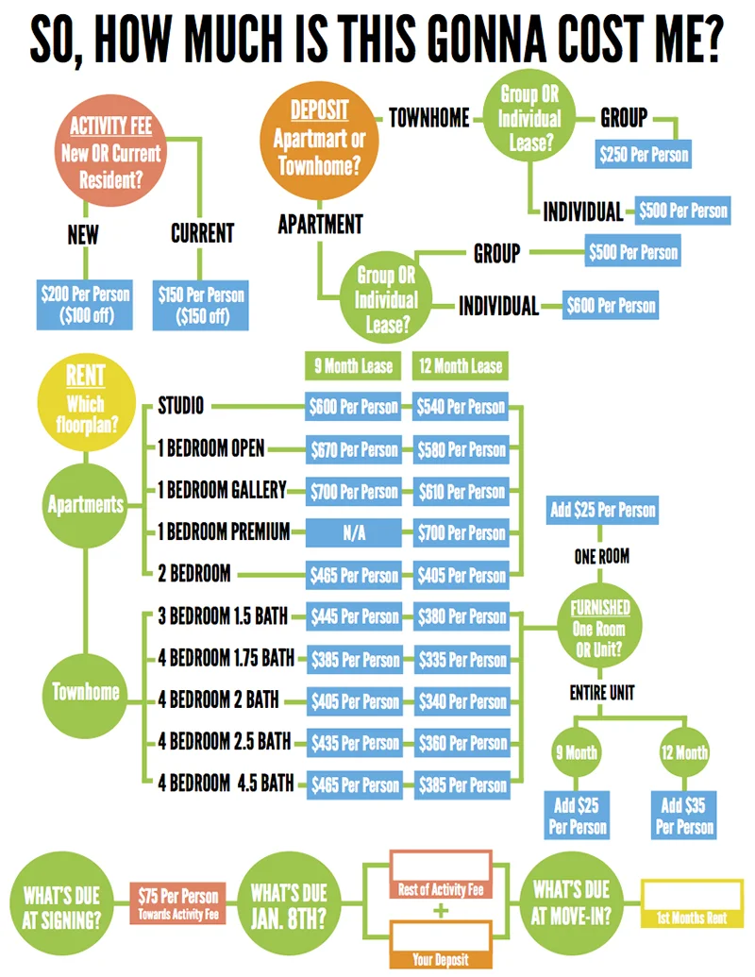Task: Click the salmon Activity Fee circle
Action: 111,151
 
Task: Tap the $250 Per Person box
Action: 644,153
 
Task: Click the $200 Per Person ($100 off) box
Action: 84,304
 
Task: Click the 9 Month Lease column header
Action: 353,366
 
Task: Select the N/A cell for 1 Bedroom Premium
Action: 353,533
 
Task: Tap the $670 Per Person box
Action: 353,449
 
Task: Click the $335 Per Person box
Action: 461,659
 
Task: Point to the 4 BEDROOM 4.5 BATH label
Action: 226,784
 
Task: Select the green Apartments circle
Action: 85,504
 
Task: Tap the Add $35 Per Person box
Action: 684,817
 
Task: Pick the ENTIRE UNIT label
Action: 601,693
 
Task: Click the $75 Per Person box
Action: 177,901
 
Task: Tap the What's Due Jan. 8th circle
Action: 289,901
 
